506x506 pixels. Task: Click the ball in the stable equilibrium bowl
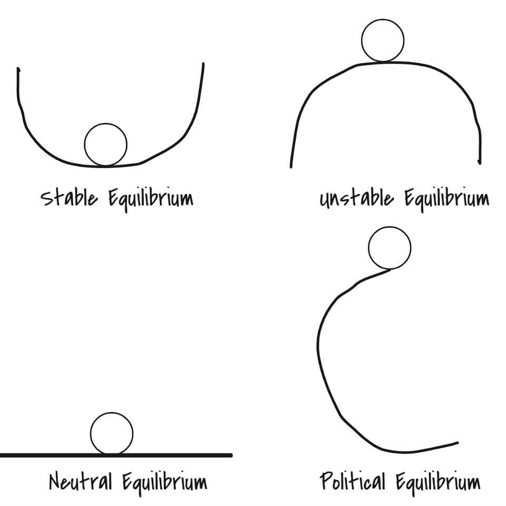coord(105,144)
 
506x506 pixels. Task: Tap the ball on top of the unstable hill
coord(383,41)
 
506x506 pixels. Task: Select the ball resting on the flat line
coord(112,433)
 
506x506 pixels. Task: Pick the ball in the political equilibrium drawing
coord(390,248)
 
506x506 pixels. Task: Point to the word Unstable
coord(356,199)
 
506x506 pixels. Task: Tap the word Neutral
coord(81,481)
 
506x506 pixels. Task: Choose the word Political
coord(353,481)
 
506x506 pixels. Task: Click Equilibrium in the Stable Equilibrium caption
coord(151,199)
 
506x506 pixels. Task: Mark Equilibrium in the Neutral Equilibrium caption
coord(164,482)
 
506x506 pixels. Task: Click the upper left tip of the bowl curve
coord(18,69)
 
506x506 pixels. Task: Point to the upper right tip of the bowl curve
coord(203,64)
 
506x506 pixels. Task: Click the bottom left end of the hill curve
coord(291,167)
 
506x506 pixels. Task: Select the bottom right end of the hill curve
coord(480,162)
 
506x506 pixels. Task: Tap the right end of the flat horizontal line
coord(231,455)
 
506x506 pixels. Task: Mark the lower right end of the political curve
coord(457,443)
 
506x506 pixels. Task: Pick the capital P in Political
coord(325,481)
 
